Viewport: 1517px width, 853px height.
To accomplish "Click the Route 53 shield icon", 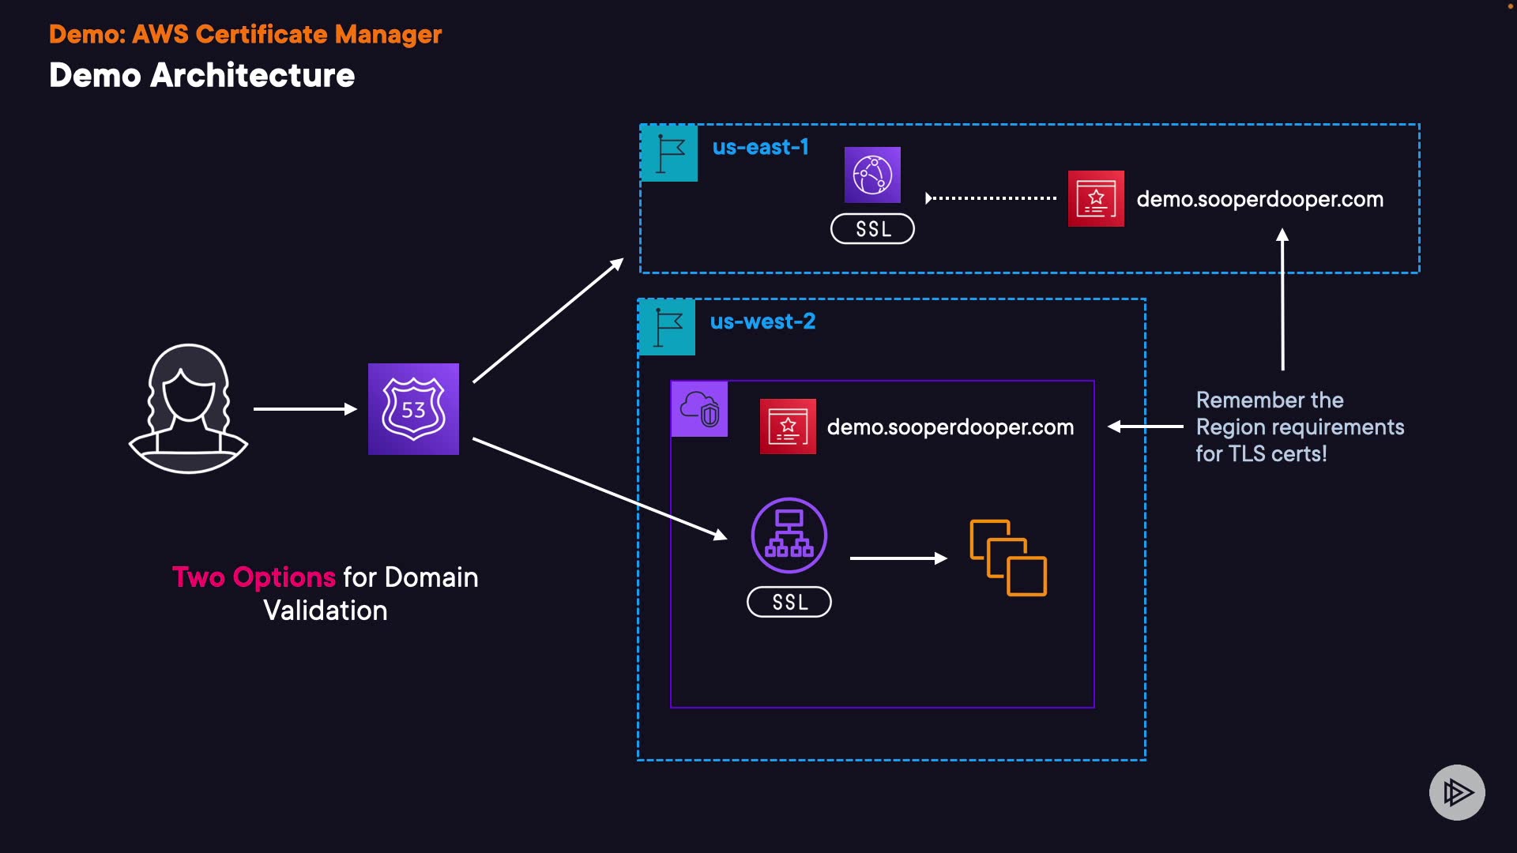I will point(413,409).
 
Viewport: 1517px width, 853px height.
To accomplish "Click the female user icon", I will point(188,408).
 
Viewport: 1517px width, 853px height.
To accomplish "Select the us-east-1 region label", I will point(760,148).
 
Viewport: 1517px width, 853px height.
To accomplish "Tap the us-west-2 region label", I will point(762,322).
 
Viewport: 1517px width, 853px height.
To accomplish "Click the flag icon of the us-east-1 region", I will point(669,153).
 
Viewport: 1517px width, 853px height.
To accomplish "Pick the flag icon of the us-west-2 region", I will point(667,327).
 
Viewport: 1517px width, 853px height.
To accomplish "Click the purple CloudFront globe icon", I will point(872,175).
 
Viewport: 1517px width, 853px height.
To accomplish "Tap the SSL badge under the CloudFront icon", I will point(872,229).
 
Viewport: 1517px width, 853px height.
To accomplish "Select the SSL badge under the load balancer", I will point(789,602).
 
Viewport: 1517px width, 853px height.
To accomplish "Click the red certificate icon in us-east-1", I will point(1096,199).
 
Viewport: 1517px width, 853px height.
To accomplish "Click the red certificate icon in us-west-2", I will point(788,426).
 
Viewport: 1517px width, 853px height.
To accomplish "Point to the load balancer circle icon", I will point(789,535).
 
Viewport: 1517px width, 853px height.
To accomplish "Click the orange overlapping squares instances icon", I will point(1008,558).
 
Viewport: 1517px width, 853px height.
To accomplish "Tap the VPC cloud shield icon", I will point(699,409).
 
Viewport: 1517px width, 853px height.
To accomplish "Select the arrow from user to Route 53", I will point(305,409).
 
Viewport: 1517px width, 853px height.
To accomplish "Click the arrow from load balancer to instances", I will point(898,558).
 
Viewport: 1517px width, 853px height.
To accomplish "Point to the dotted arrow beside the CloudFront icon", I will point(991,198).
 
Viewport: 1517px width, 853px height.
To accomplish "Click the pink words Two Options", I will point(254,577).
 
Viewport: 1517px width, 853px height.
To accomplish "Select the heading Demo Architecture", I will point(202,76).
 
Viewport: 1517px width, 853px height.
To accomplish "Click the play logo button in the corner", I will point(1457,792).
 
